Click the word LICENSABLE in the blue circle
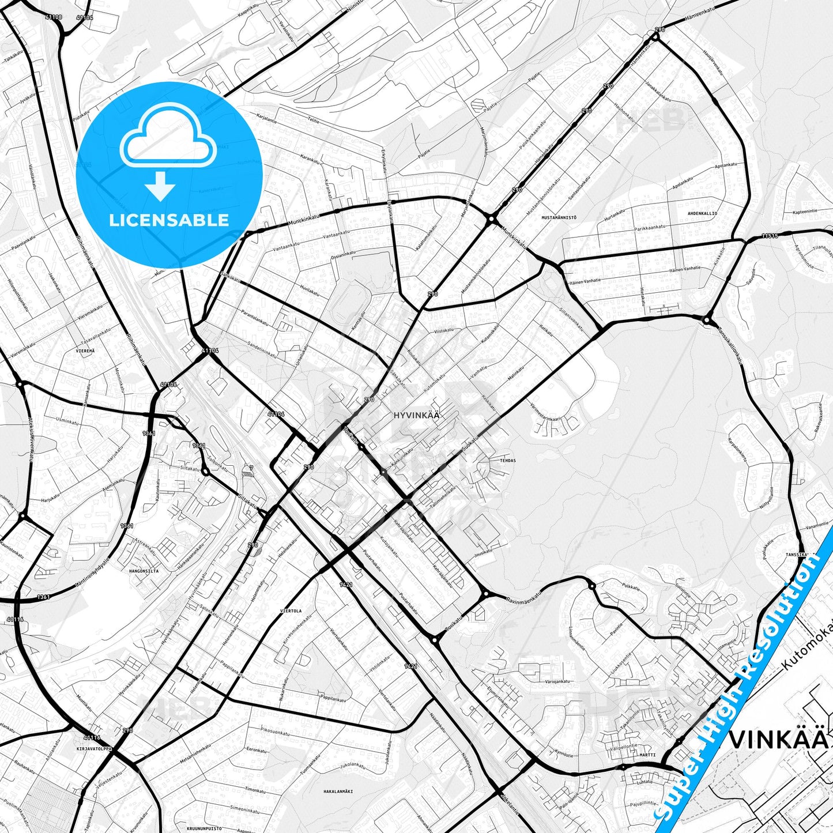point(169,220)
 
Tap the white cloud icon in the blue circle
point(168,138)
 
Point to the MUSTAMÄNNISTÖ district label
point(559,218)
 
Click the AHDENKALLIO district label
point(702,214)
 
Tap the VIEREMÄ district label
point(85,350)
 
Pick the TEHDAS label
point(508,461)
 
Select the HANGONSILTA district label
point(144,571)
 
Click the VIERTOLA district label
point(291,610)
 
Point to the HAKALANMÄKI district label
point(338,791)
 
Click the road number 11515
point(769,236)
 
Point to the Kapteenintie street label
point(805,212)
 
